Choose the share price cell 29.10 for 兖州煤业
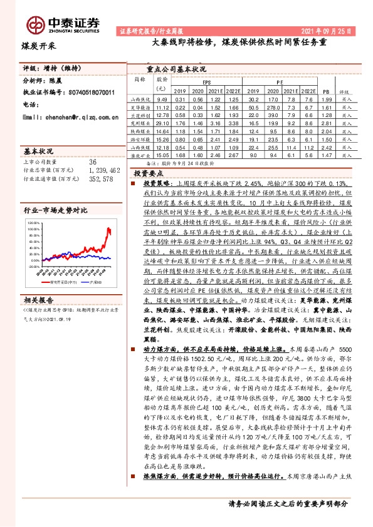pyautogui.click(x=162, y=124)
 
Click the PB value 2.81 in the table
pyautogui.click(x=325, y=124)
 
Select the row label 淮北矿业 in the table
pyautogui.click(x=139, y=156)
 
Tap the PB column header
pyautogui.click(x=325, y=91)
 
